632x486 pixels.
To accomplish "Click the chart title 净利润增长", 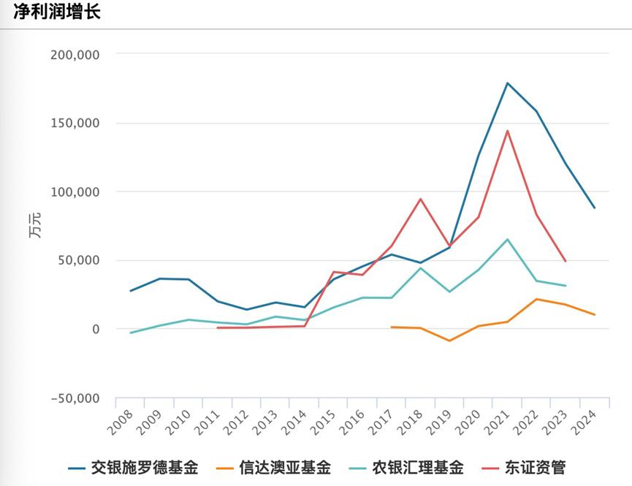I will click(57, 12).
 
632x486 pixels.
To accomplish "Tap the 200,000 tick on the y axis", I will click(76, 55).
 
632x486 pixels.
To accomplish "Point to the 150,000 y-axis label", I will click(76, 124).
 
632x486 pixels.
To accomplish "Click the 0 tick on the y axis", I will click(95, 330).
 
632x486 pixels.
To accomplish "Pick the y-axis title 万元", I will click(35, 227).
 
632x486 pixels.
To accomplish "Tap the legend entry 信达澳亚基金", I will click(285, 468).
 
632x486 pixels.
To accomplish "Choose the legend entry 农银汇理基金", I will click(417, 468).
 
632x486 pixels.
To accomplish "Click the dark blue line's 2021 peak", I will click(507, 83).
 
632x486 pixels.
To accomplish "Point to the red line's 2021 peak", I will click(507, 132).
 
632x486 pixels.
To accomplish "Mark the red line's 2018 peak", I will click(420, 199).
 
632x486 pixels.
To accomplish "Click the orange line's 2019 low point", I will click(449, 341).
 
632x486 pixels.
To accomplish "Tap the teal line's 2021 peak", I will click(507, 240).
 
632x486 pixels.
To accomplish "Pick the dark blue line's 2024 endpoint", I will click(594, 208).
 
